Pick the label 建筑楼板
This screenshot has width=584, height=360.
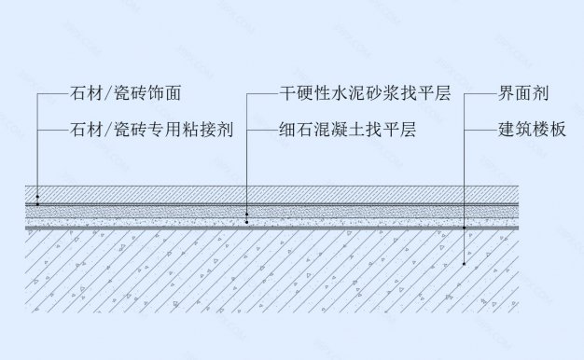(532, 130)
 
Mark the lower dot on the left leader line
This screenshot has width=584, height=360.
(37, 204)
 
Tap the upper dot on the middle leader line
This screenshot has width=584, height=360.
(247, 213)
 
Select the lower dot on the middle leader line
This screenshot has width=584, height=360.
(247, 222)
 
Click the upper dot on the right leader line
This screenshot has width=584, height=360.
(464, 227)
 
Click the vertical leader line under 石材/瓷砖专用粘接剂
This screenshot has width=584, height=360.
(37, 159)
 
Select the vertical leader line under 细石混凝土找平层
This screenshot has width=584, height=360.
(247, 168)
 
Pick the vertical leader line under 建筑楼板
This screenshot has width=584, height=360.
(464, 177)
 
